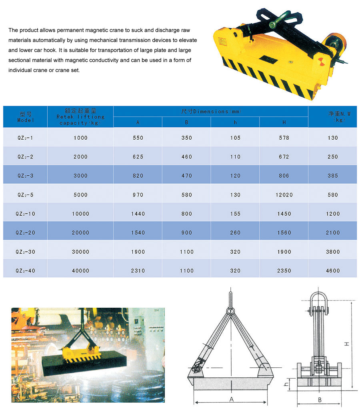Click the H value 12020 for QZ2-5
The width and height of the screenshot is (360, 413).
click(x=284, y=195)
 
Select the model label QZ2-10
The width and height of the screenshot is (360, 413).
click(x=25, y=214)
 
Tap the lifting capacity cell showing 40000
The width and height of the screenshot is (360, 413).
click(x=80, y=271)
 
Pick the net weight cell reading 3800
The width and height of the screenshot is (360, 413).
click(x=332, y=252)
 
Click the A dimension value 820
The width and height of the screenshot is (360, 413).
click(x=138, y=176)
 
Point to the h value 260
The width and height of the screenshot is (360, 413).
click(x=235, y=233)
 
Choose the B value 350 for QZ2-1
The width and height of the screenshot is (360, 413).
click(x=186, y=138)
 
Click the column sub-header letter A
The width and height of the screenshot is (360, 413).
click(x=138, y=122)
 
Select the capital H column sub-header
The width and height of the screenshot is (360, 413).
click(x=284, y=122)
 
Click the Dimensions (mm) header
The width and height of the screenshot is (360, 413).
click(x=211, y=111)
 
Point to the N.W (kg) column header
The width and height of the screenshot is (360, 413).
click(x=332, y=116)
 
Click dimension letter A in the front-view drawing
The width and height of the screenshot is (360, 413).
click(x=231, y=399)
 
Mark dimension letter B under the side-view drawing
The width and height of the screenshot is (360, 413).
click(x=320, y=399)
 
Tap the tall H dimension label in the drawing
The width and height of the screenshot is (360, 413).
click(x=347, y=343)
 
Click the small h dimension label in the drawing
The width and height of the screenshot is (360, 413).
click(x=286, y=384)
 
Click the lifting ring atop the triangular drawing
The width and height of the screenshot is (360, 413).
click(x=231, y=310)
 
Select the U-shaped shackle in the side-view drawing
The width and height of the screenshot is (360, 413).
click(x=319, y=302)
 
